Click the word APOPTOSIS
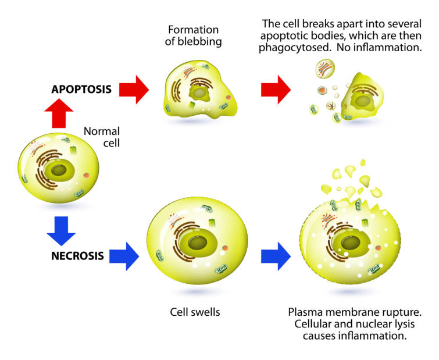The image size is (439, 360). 80,90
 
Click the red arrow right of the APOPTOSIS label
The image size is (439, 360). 135,90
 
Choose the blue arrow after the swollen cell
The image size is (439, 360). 275,255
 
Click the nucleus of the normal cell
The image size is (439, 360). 59,170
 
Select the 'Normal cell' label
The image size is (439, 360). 102,137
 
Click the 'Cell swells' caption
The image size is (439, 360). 195,312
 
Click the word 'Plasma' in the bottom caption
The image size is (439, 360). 305,313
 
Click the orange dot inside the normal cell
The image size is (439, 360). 86,174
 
